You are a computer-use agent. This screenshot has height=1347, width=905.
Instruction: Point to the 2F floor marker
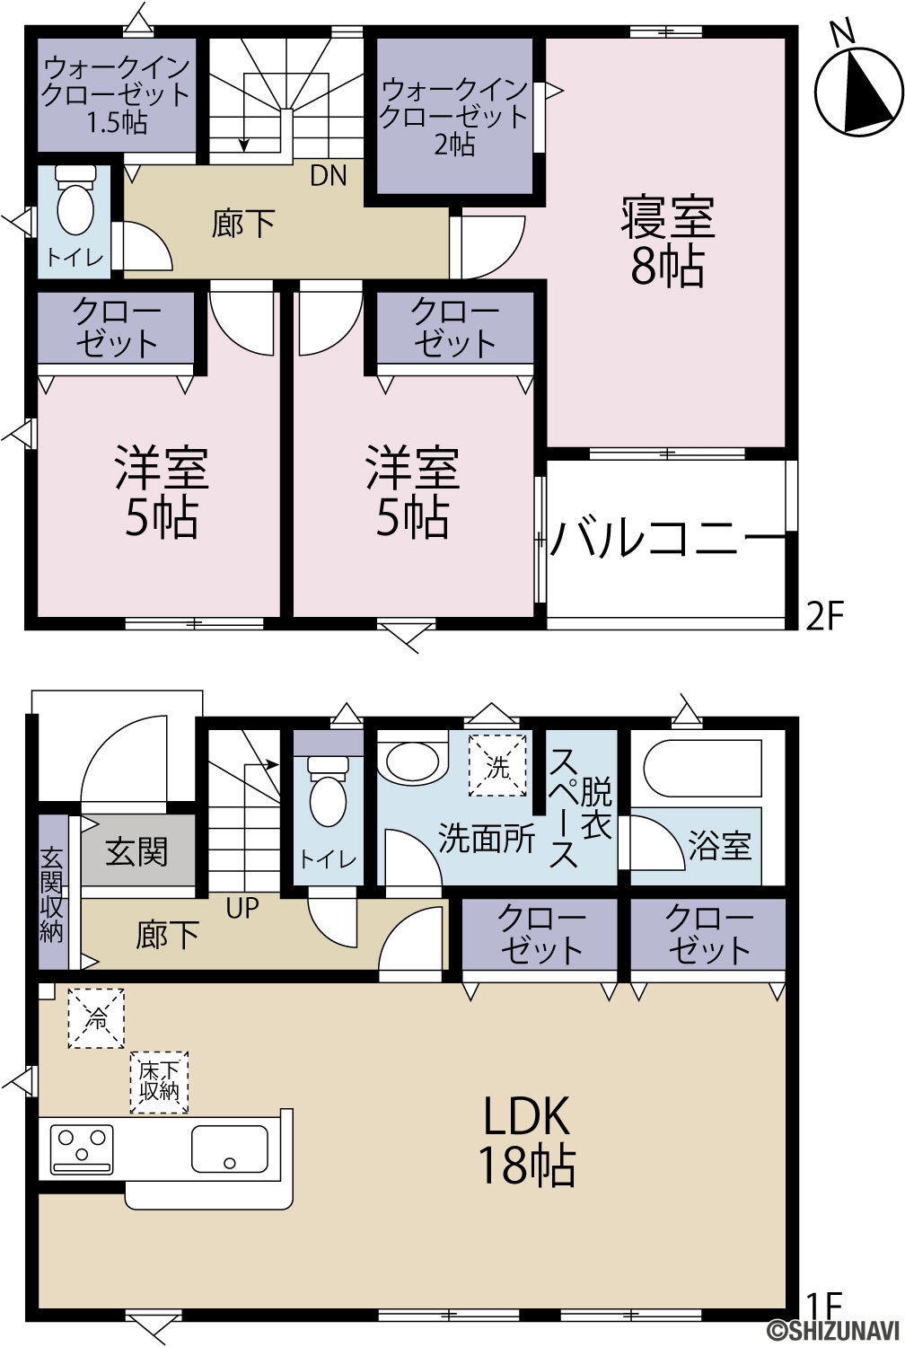pos(826,616)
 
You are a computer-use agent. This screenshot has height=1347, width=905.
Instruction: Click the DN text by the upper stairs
pos(329,175)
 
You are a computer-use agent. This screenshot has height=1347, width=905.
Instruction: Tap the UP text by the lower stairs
pos(242,907)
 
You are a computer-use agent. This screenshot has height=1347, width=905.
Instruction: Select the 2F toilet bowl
pos(75,199)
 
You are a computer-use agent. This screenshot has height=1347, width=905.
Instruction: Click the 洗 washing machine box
pos(497,766)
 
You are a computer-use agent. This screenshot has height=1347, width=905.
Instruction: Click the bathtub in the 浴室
pos(703,761)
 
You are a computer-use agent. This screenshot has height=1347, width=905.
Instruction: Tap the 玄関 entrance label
pos(136,851)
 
